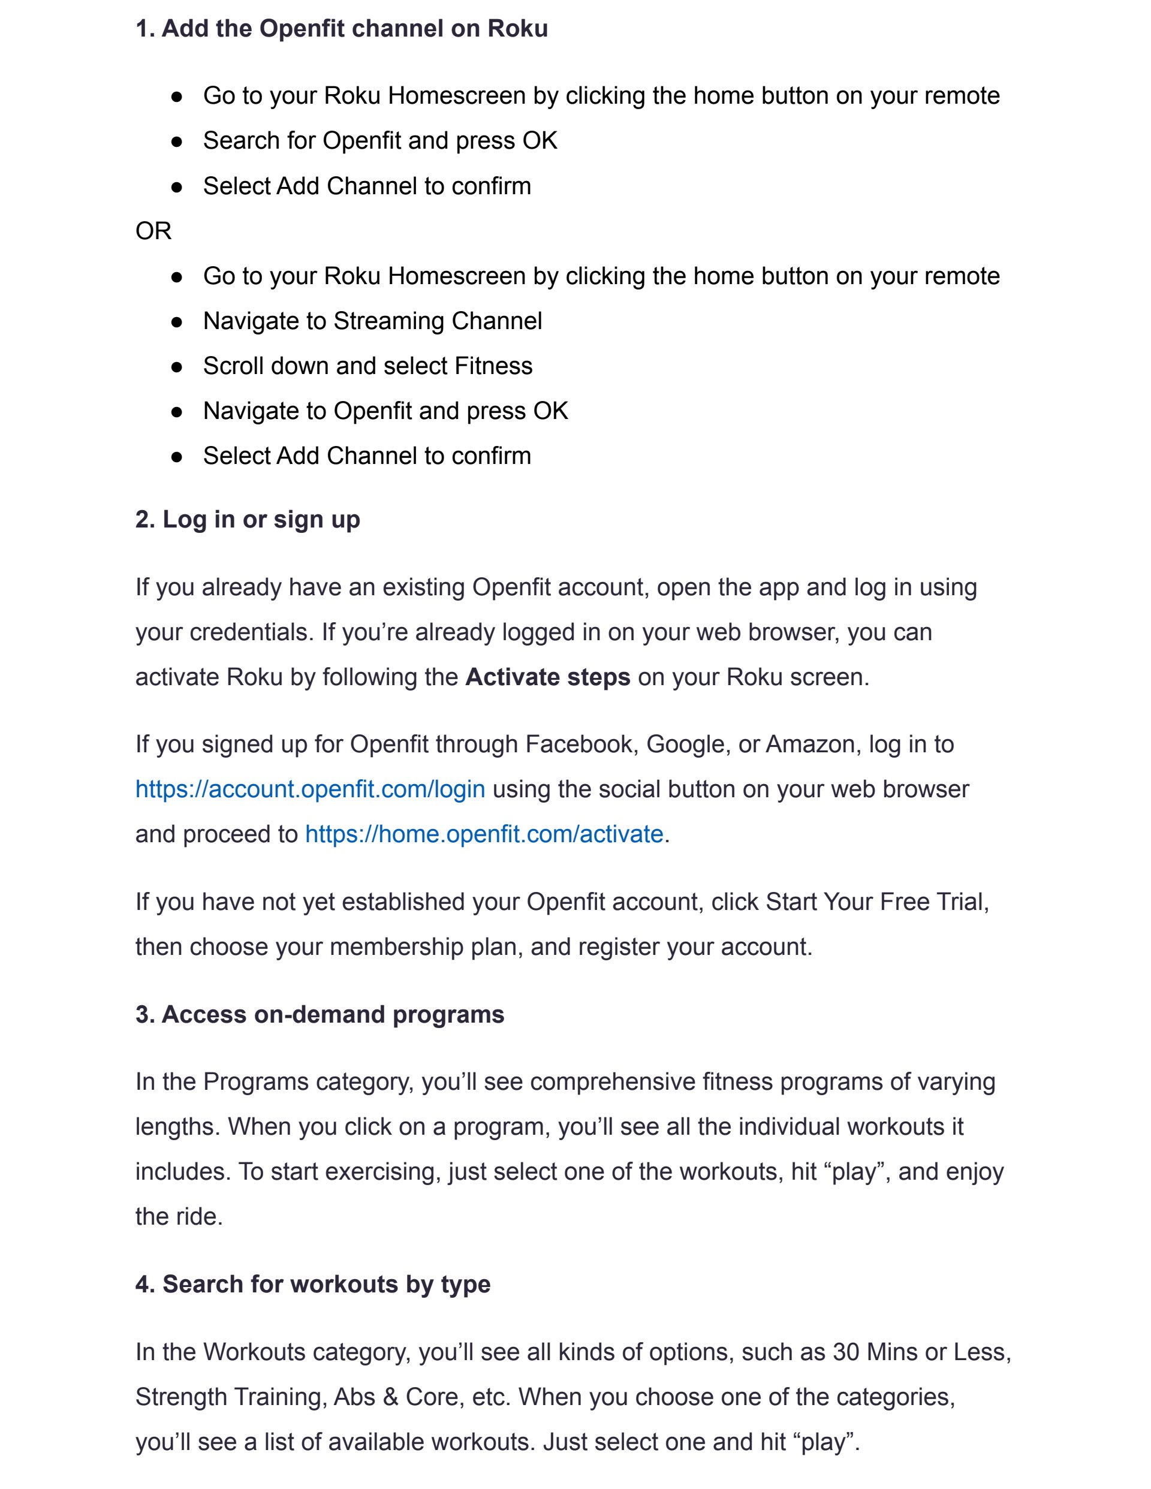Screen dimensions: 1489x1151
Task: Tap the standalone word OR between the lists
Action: coord(153,231)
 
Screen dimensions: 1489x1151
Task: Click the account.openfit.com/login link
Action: coord(311,789)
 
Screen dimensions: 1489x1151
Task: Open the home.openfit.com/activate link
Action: coord(484,834)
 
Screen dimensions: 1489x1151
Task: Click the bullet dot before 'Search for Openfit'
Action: coord(177,142)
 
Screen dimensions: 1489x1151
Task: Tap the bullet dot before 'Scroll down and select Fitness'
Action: coord(177,367)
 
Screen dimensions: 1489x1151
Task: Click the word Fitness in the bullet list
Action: coord(494,366)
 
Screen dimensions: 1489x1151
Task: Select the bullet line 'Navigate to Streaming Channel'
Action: coord(372,321)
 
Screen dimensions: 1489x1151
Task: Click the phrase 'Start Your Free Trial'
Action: coord(876,902)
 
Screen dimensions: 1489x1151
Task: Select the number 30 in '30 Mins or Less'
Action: coord(845,1352)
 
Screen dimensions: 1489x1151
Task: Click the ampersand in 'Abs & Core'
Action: coord(391,1397)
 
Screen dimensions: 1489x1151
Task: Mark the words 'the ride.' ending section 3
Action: coord(179,1216)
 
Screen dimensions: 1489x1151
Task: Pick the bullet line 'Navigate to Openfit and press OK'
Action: coord(385,411)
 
